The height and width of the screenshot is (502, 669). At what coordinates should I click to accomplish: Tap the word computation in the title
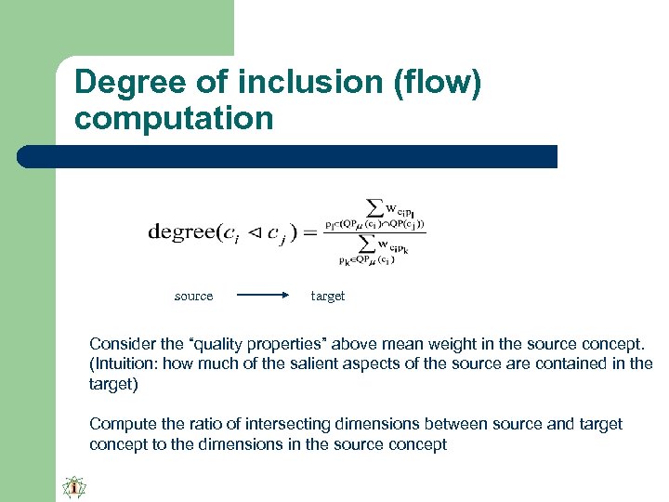click(x=174, y=119)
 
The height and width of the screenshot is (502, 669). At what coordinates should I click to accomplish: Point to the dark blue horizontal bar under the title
click(x=288, y=156)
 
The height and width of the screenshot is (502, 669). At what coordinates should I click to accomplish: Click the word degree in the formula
click(x=181, y=232)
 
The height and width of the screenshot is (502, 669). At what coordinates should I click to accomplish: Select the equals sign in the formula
click(x=310, y=232)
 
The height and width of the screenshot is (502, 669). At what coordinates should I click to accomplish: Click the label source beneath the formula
click(x=193, y=297)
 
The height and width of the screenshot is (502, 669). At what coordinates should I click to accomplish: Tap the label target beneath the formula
click(x=328, y=297)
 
